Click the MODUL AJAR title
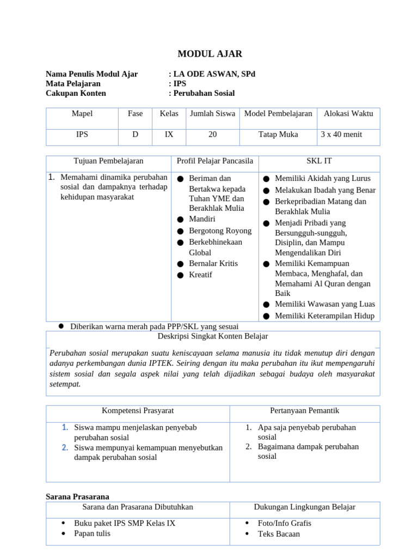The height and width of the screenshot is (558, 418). coord(210,53)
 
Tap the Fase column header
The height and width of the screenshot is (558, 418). coord(135,113)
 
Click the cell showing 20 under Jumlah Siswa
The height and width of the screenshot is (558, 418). coord(212,134)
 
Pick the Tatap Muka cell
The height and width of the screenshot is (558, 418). coord(278,134)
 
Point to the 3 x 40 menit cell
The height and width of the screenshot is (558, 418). coord(341,134)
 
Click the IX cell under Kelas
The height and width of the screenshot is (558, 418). coord(169,134)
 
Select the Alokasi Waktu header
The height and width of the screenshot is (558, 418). coord(348,113)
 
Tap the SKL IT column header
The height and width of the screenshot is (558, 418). coord(319,161)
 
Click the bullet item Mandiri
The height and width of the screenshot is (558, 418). coord(202,219)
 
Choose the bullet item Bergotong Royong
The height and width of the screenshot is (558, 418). coord(220,231)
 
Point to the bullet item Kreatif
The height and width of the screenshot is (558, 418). coord(200,275)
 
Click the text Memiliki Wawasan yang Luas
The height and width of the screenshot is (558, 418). coord(325,304)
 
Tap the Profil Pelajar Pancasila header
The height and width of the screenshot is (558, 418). coord(215,161)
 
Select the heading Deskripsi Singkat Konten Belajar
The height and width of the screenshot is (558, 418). coord(213,336)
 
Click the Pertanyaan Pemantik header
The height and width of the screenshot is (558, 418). coord(304,410)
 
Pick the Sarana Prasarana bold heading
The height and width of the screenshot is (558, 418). coord(77,496)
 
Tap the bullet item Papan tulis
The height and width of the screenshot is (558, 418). coord(92,533)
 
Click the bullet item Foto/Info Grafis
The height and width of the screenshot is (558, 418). coord(284,523)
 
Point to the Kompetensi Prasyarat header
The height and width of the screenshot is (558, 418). coord(138,410)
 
